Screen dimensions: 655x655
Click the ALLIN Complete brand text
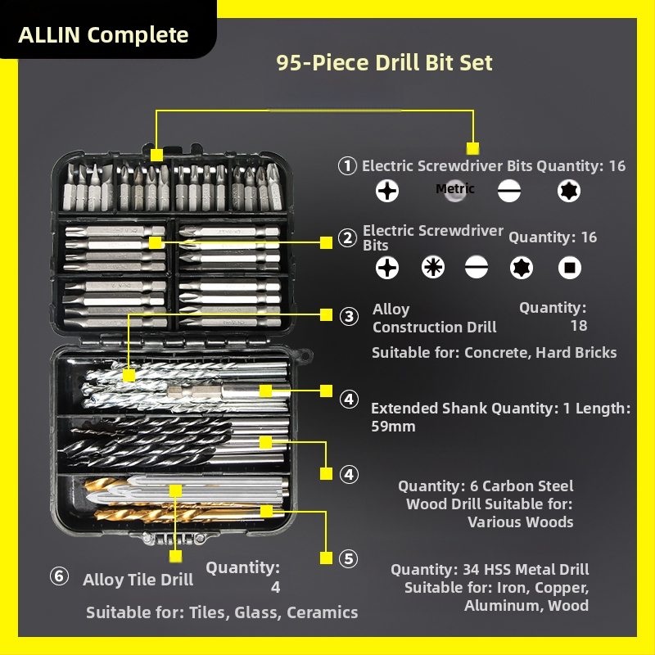point(103,34)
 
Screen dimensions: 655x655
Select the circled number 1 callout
point(347,166)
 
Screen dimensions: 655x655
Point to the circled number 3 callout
point(349,316)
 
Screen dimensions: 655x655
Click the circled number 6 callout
point(59,576)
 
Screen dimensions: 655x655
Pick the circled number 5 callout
point(349,559)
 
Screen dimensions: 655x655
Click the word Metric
point(455,189)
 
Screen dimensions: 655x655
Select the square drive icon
point(569,268)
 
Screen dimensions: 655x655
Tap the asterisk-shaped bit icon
point(433,268)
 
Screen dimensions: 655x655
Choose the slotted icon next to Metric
point(508,191)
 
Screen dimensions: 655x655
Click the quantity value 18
point(579,325)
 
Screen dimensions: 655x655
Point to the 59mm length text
point(393,427)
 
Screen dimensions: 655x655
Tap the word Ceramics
point(322,612)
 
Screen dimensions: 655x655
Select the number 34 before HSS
point(472,569)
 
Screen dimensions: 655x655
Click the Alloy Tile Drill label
point(138,580)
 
